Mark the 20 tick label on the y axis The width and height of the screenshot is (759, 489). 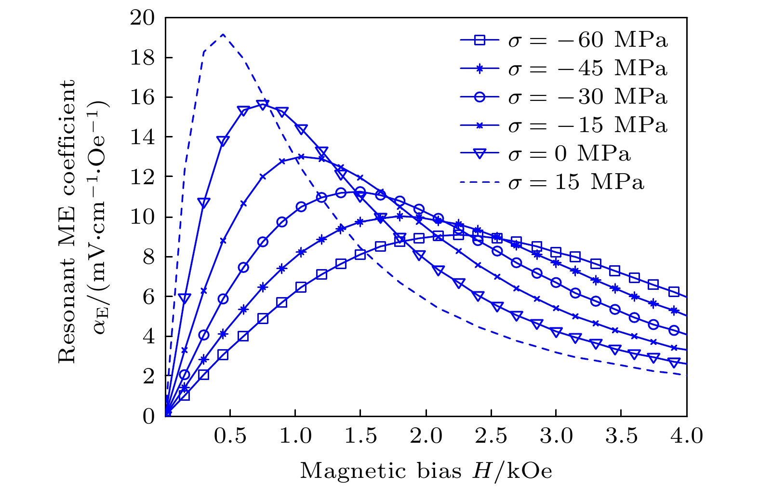[x=142, y=18]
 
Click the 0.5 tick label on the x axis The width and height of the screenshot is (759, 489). [x=230, y=436]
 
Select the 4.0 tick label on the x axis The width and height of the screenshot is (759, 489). [x=687, y=436]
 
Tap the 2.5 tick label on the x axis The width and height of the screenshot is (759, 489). [x=492, y=436]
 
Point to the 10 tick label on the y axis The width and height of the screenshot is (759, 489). [x=142, y=217]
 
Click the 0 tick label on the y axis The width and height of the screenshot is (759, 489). [x=148, y=416]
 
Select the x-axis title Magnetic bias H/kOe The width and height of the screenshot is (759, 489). [x=426, y=471]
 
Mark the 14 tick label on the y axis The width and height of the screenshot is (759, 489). [x=142, y=137]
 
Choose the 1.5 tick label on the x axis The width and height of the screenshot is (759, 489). [x=360, y=436]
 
